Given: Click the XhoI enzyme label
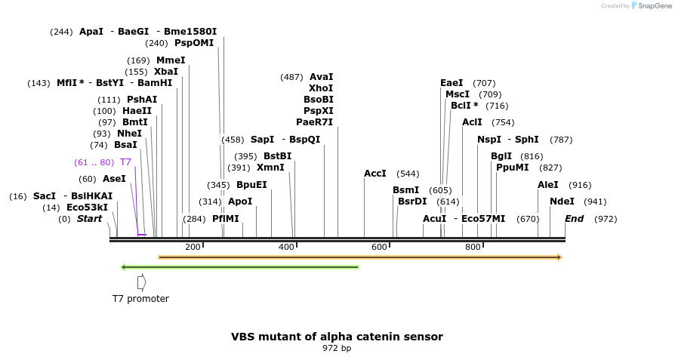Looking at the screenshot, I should point(321,88).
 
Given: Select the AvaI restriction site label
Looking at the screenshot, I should point(321,77).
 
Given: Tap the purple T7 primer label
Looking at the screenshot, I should point(125,162).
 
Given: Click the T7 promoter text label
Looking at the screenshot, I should point(140,299).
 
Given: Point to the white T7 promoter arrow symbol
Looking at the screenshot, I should point(141,282).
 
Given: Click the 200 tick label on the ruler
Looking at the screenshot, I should point(193,247).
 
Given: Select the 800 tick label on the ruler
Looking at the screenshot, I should point(473,247).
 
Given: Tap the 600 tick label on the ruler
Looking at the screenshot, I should point(379,247).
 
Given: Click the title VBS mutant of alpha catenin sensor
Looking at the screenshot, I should point(337,337).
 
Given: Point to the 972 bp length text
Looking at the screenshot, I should point(337,349).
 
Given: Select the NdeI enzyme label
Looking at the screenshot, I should point(562,202).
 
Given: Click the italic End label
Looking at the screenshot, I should point(574,219).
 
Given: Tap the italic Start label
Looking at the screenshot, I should point(89,219).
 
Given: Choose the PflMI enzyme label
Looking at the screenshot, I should point(225,219).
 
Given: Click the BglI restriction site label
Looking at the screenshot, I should point(501,156).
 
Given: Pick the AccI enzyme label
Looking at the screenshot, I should point(375,174).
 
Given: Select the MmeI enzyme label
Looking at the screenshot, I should point(171,60).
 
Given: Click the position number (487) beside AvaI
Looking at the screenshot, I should point(291,77).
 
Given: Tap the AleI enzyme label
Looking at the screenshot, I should point(548,185).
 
